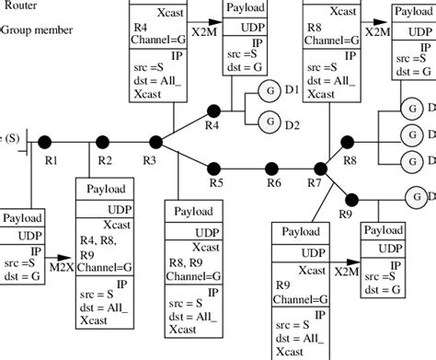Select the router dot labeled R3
pyautogui.click(x=155, y=141)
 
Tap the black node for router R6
pyautogui.click(x=272, y=168)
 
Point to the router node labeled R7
pyautogui.click(x=319, y=168)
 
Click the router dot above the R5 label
pyautogui.click(x=213, y=168)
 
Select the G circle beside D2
pyautogui.click(x=270, y=119)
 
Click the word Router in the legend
pyautogui.click(x=19, y=6)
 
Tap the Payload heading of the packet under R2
pyautogui.click(x=106, y=190)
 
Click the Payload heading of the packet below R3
pyautogui.click(x=194, y=211)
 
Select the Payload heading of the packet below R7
pyautogui.click(x=301, y=231)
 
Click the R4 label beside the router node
pyautogui.click(x=212, y=124)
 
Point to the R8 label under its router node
pyautogui.click(x=350, y=160)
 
